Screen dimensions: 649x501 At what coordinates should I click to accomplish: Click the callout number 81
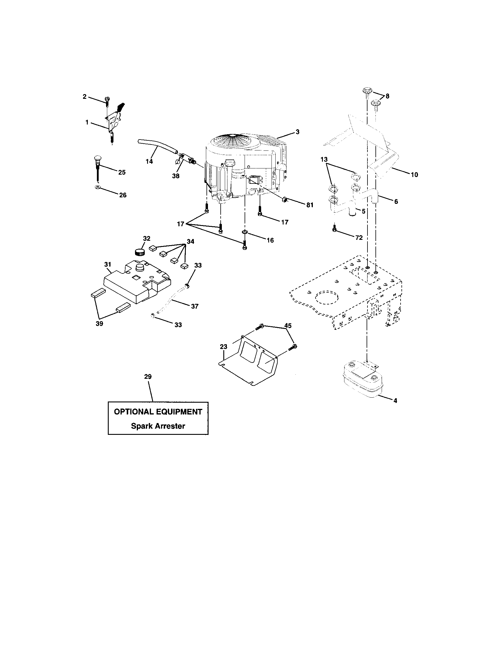[x=310, y=205]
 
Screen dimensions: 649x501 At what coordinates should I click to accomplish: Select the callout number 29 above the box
[x=148, y=376]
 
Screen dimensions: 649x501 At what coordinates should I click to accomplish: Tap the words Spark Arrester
[x=158, y=426]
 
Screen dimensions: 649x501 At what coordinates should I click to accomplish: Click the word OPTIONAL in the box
[x=130, y=412]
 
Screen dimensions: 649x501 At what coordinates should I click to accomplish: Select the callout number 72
[x=359, y=237]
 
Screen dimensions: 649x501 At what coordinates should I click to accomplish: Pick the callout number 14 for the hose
[x=149, y=161]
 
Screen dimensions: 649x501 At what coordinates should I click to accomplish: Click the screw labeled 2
[x=107, y=101]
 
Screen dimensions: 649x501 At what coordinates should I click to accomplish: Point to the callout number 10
[x=414, y=175]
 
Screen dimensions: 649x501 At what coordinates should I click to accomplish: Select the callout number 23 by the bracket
[x=223, y=347]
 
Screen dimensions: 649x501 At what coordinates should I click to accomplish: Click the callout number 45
[x=288, y=326]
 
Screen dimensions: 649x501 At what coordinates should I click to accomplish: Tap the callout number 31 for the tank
[x=108, y=264]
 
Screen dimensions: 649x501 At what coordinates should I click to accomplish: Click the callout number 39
[x=99, y=324]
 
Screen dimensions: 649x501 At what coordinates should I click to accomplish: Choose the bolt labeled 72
[x=334, y=229]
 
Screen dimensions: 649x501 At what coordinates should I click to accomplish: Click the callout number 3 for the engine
[x=297, y=132]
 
